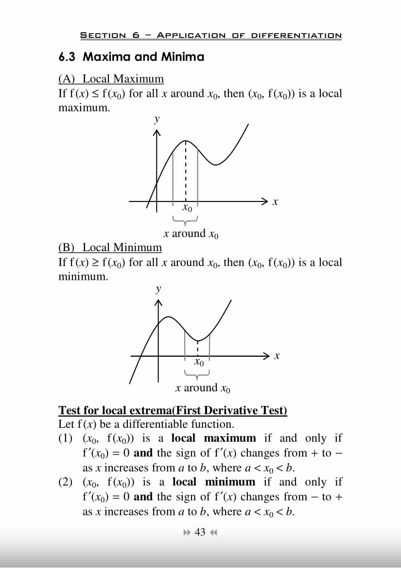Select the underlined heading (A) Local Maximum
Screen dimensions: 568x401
click(x=111, y=79)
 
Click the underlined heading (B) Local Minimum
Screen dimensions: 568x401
click(x=110, y=248)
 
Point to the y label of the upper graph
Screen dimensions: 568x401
click(x=157, y=119)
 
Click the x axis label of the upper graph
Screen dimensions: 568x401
click(x=275, y=201)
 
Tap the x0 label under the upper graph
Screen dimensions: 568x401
click(x=187, y=209)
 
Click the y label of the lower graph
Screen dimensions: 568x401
click(x=157, y=289)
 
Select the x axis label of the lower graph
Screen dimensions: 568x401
click(x=276, y=356)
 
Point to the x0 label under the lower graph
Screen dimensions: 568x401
click(x=198, y=363)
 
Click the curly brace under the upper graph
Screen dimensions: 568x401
click(x=185, y=220)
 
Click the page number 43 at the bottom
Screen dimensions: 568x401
click(x=200, y=532)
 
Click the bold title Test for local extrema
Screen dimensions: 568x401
click(x=173, y=410)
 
